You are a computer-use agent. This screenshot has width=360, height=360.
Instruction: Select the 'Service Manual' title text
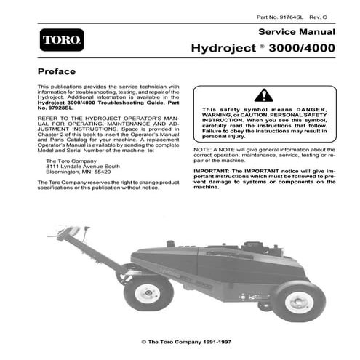(297, 33)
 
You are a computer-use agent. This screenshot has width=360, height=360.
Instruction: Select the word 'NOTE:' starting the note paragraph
(203, 150)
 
